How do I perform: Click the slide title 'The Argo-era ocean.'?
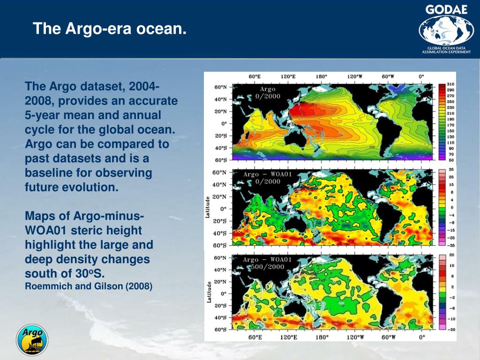pos(109,29)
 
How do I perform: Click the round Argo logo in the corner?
pos(32,339)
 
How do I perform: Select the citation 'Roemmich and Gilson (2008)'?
pos(89,286)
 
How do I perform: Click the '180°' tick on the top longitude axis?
pos(321,76)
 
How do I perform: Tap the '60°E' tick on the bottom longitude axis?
pos(255,337)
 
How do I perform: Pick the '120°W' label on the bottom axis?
pos(355,337)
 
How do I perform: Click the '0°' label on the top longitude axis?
pos(421,76)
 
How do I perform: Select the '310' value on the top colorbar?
pos(450,84)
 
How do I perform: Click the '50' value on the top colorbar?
pos(450,160)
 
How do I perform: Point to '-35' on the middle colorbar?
pos(451,245)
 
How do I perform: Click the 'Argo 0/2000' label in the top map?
pos(268,92)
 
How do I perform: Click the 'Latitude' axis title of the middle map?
pos(208,207)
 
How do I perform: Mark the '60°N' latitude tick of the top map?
pos(220,87)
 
